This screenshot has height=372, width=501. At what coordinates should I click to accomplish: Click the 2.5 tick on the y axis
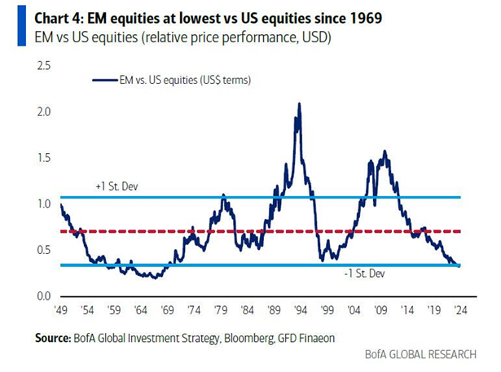pos(44,66)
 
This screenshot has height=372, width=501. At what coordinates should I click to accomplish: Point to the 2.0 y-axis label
pos(44,112)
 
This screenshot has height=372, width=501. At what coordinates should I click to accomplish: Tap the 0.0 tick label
pos(44,296)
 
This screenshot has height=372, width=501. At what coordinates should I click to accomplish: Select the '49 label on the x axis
pos(61,310)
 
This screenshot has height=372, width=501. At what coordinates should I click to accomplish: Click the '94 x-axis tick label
pos(301,310)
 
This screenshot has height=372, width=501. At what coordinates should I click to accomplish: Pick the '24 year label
pos(460,310)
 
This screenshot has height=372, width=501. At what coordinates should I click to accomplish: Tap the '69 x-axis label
pos(168,310)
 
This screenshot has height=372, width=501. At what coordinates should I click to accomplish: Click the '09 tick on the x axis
pos(380,310)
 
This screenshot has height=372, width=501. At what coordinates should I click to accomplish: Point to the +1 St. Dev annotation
pos(116,186)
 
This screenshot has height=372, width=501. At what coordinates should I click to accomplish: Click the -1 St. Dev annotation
pos(365,274)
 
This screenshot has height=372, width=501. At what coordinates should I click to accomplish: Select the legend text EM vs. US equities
pos(159,80)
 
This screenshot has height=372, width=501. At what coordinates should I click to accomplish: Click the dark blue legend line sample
pos(105,80)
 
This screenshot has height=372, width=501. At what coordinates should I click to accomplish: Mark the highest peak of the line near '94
pos(299,103)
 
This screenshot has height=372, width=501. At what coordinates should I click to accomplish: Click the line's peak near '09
pos(385,151)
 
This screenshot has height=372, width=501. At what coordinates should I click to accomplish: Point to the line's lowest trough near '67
pos(156,278)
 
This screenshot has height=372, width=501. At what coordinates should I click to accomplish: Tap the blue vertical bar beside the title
pos(22,26)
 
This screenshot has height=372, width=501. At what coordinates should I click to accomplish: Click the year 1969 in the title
pos(365,18)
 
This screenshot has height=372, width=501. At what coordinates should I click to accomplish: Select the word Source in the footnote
pos(53,338)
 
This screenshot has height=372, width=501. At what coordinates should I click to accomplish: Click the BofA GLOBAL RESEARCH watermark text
pos(420,354)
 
